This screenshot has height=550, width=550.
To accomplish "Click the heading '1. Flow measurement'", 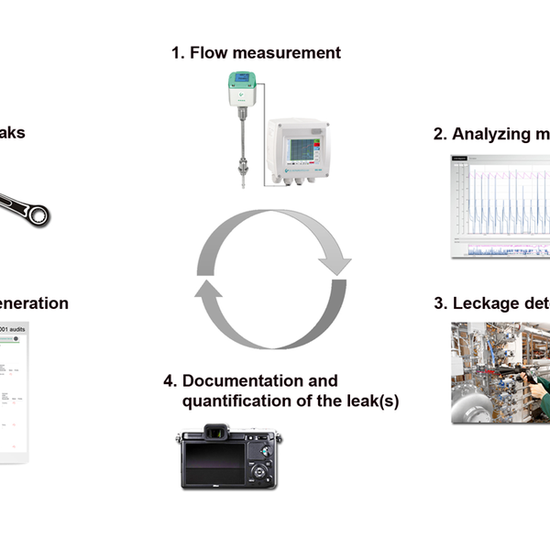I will point(256,52).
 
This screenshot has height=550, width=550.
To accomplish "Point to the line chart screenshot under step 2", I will point(500,206).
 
